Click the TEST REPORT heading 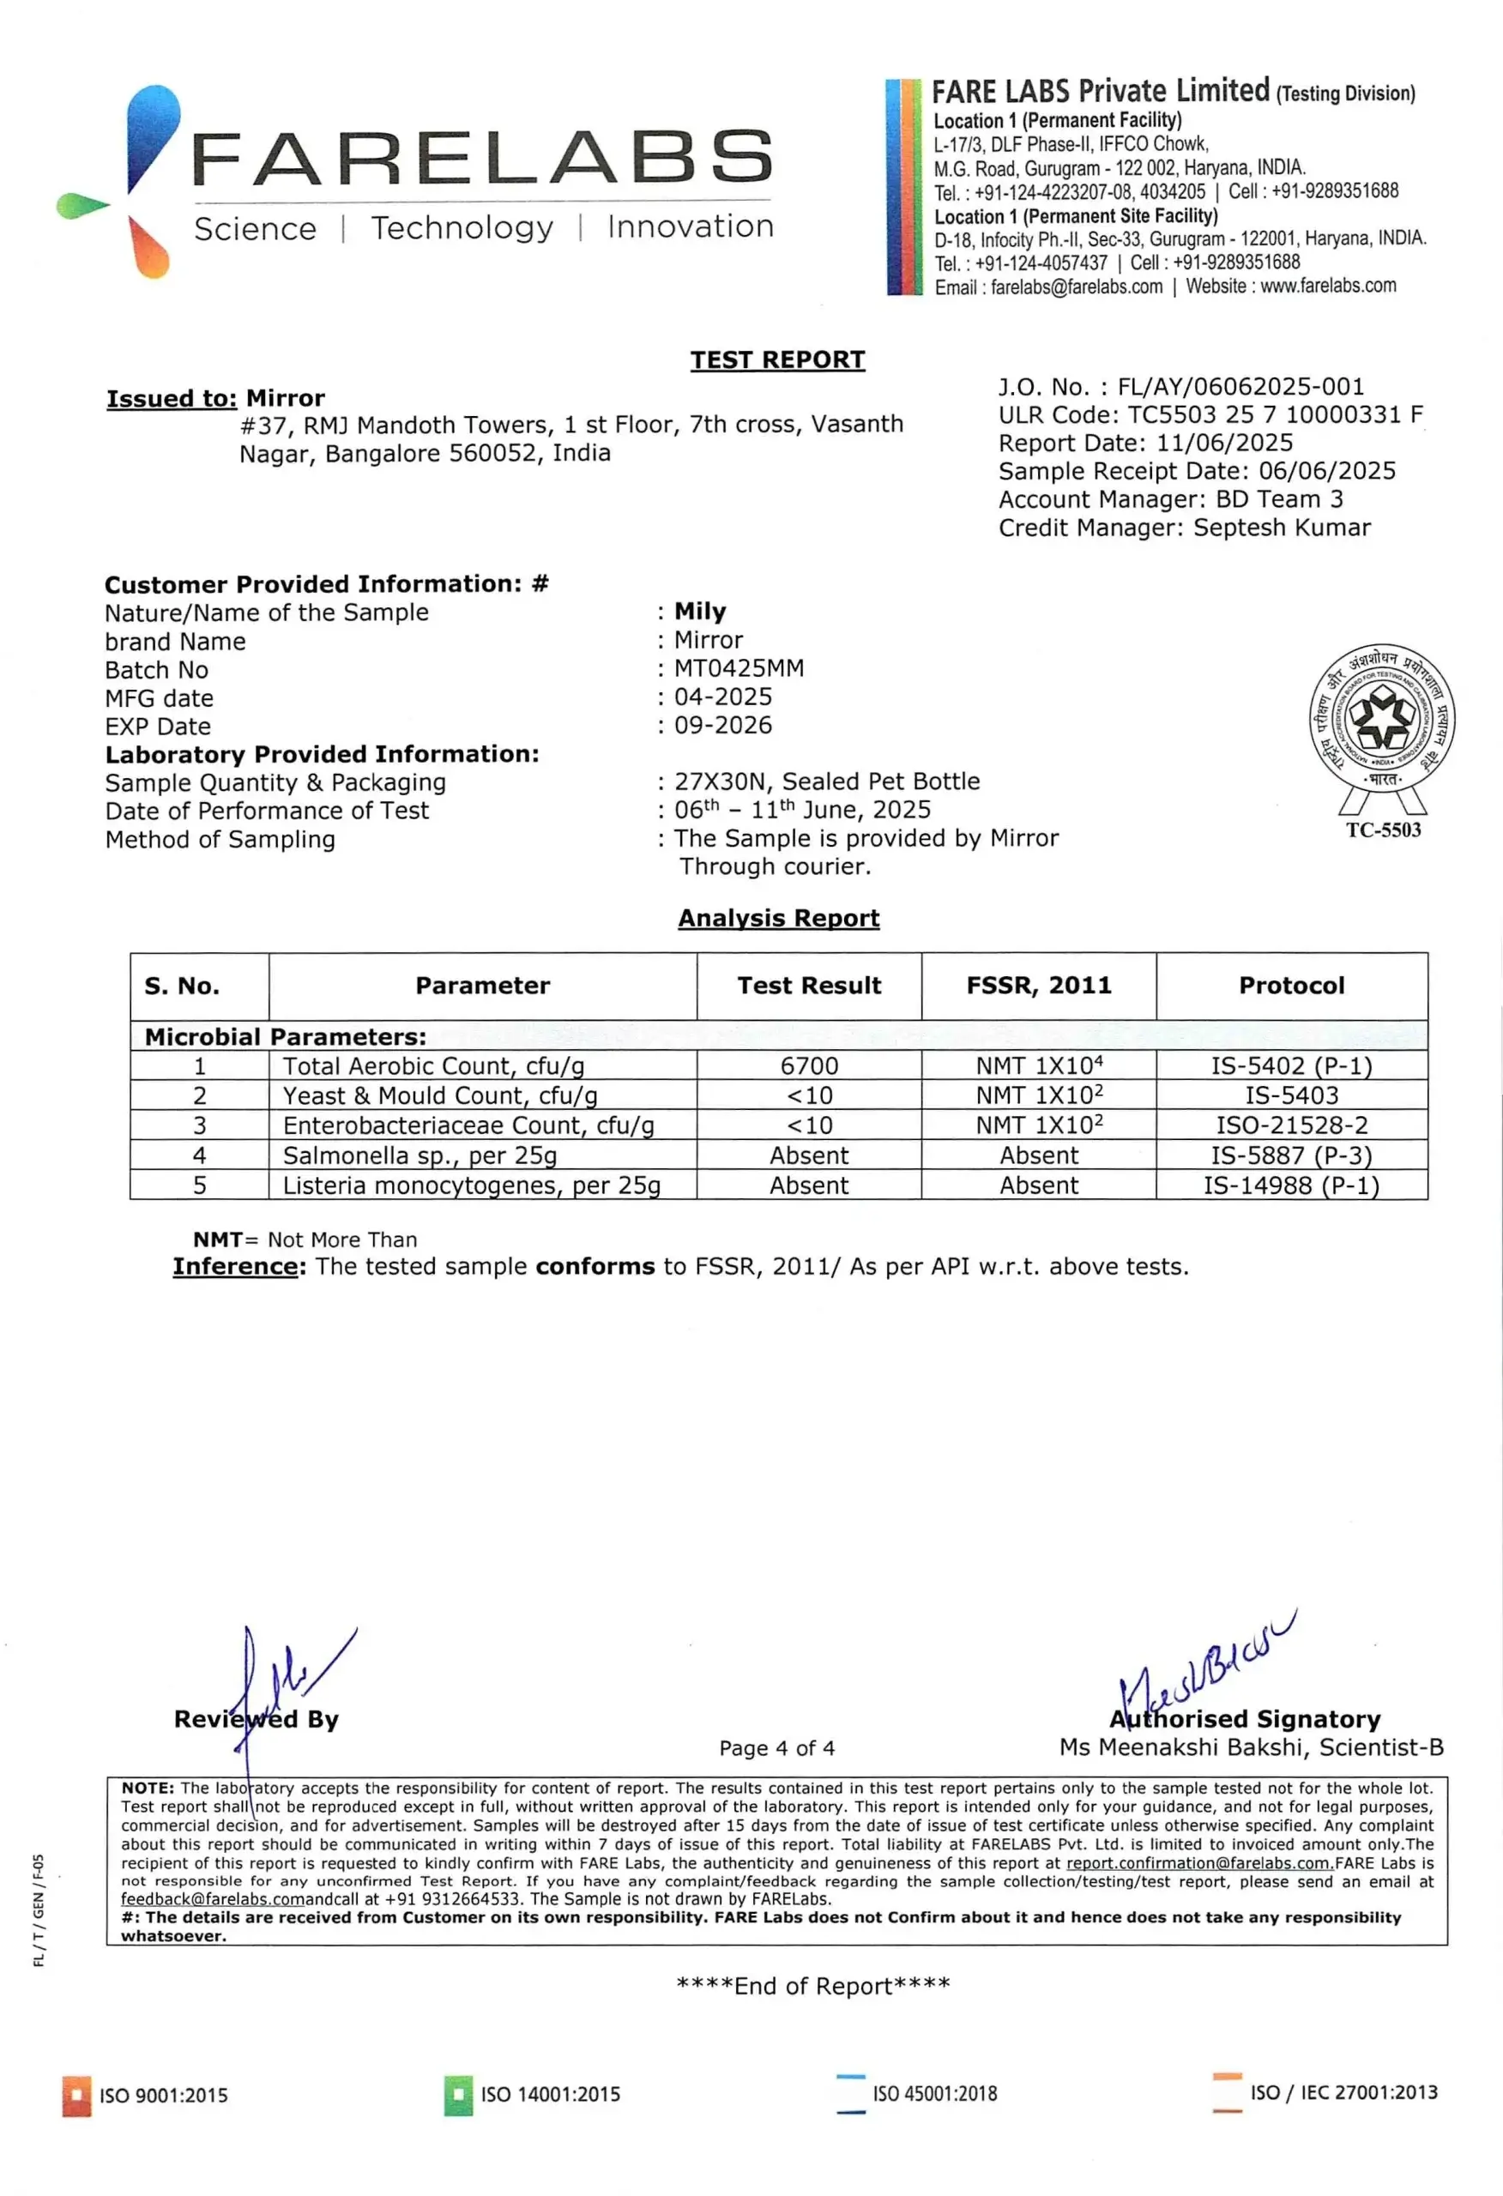pyautogui.click(x=777, y=360)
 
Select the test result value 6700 pyautogui.click(x=809, y=1066)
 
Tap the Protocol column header pyautogui.click(x=1291, y=986)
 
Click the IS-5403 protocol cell pyautogui.click(x=1291, y=1095)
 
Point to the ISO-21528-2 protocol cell pyautogui.click(x=1291, y=1125)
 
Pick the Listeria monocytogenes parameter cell pyautogui.click(x=471, y=1185)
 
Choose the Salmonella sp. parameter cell pyautogui.click(x=420, y=1155)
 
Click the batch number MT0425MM pyautogui.click(x=739, y=669)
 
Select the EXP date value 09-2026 pyautogui.click(x=723, y=726)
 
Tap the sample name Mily pyautogui.click(x=699, y=612)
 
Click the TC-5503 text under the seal pyautogui.click(x=1383, y=830)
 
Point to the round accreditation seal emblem pyautogui.click(x=1382, y=720)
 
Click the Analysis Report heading pyautogui.click(x=778, y=919)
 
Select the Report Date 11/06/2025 pyautogui.click(x=1225, y=443)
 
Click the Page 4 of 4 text pyautogui.click(x=777, y=1748)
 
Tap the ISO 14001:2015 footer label pyautogui.click(x=550, y=2094)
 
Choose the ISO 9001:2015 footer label pyautogui.click(x=164, y=2095)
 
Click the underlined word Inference pyautogui.click(x=235, y=1267)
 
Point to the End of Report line pyautogui.click(x=813, y=1985)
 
